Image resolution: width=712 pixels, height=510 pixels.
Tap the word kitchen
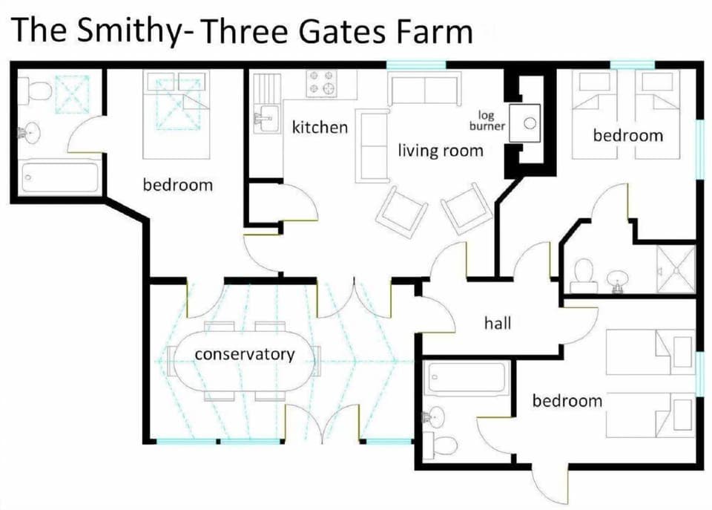click(x=320, y=128)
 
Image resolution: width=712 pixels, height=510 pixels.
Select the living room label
click(x=441, y=151)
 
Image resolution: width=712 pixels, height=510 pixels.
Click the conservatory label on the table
click(x=244, y=354)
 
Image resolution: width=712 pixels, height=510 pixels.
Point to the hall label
click(x=497, y=323)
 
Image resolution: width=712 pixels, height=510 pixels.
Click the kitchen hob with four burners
click(x=322, y=82)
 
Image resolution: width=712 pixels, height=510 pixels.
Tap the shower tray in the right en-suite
click(x=675, y=270)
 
